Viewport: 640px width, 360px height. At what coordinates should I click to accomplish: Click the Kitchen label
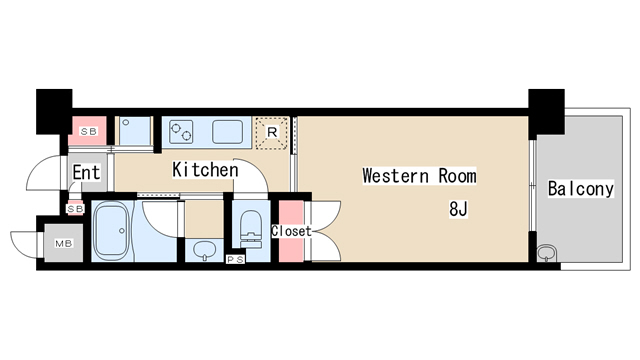click(205, 170)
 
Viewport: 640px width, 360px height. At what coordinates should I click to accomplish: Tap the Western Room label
click(419, 176)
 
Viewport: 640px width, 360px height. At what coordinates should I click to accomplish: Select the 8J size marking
click(458, 209)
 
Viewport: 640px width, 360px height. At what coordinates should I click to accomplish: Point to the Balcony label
click(580, 189)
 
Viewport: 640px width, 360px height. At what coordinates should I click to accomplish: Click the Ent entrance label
click(86, 172)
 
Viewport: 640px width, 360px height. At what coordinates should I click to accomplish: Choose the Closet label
click(291, 231)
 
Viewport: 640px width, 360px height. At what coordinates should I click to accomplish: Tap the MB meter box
click(64, 243)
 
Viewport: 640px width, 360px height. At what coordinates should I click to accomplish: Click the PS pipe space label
click(235, 259)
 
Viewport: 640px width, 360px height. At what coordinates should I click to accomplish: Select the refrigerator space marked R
click(271, 132)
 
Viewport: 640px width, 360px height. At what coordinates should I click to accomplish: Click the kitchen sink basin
click(227, 132)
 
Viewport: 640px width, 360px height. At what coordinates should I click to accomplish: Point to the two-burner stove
click(181, 132)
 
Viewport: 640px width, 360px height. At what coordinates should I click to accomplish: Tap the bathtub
click(111, 231)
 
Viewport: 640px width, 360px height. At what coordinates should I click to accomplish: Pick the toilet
click(250, 229)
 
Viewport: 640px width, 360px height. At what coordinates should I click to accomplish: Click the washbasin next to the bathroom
click(205, 250)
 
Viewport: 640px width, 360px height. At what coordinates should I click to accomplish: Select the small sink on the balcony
click(547, 253)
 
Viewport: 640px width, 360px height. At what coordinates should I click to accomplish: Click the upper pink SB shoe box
click(88, 131)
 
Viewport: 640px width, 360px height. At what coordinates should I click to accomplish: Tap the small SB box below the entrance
click(76, 209)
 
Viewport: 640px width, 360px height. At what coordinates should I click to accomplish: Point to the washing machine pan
click(135, 131)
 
